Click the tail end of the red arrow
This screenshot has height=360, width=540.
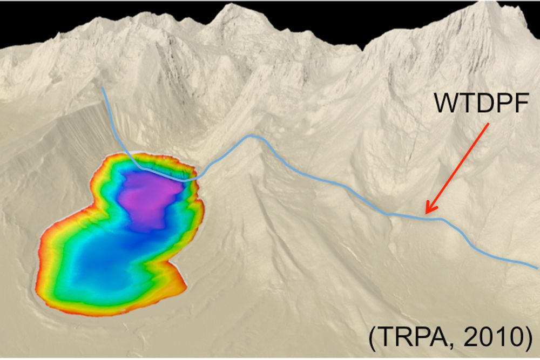tap(489, 124)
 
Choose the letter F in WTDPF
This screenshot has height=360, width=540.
tap(518, 103)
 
